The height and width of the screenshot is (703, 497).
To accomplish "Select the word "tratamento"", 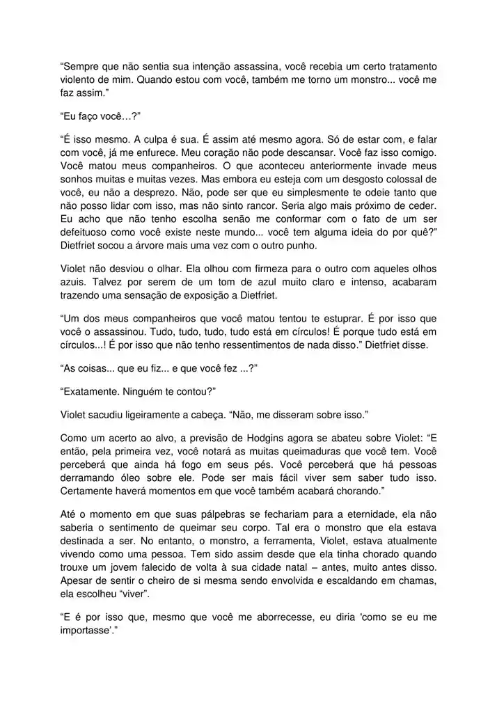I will pyautogui.click(x=405, y=67).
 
